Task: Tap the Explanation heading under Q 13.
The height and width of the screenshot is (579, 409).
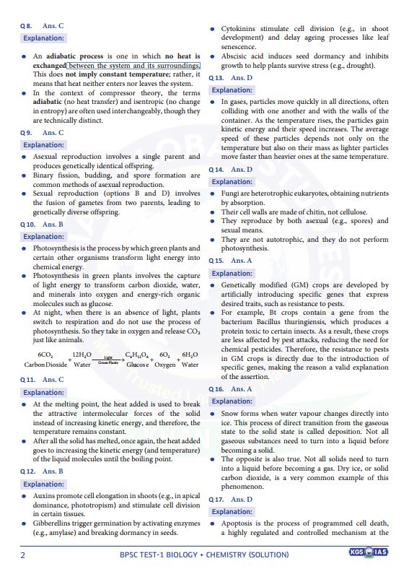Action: click(x=232, y=90)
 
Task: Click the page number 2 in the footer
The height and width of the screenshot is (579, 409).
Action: click(x=22, y=554)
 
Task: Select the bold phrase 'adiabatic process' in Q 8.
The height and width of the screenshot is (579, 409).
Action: click(x=80, y=56)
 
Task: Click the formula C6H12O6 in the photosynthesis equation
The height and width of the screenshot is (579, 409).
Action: click(x=136, y=354)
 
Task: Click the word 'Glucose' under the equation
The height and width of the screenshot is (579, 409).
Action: click(x=137, y=365)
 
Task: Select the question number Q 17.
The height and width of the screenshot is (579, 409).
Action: click(x=216, y=499)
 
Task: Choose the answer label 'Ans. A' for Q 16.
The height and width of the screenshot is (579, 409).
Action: click(x=242, y=388)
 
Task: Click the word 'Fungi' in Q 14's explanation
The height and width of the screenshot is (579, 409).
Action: click(x=230, y=194)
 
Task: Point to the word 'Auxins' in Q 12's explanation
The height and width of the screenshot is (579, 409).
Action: click(x=45, y=497)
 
